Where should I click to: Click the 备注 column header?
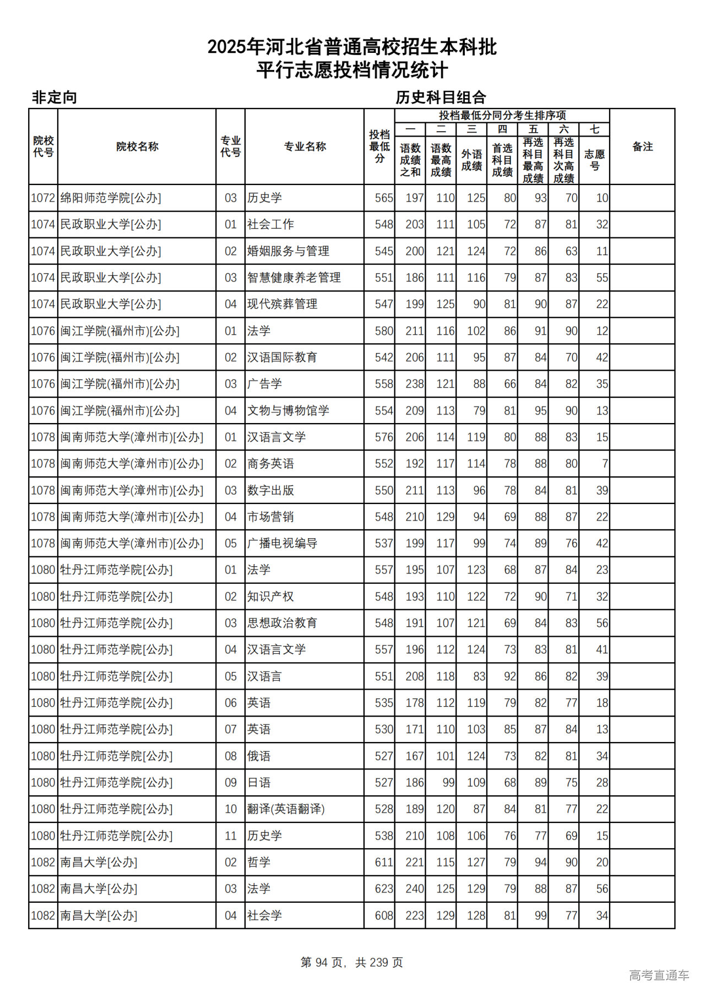642,147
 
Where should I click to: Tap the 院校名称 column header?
137,147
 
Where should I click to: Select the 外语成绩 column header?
471,160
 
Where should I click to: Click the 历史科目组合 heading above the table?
441,97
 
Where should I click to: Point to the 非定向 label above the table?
54,97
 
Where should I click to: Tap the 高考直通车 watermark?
659,975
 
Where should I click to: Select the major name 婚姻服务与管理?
288,251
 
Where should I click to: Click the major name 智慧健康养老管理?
294,278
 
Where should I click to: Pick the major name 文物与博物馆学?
288,410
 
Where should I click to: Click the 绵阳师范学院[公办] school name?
111,198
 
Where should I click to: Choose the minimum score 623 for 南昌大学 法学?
384,888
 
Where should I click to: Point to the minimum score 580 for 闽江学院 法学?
384,331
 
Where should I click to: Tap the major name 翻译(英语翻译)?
286,809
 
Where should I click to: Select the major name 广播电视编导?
282,543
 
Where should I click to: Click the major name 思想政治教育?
282,623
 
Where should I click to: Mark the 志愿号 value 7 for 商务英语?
604,464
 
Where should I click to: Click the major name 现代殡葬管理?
282,304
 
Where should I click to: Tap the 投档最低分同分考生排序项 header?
502,115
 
